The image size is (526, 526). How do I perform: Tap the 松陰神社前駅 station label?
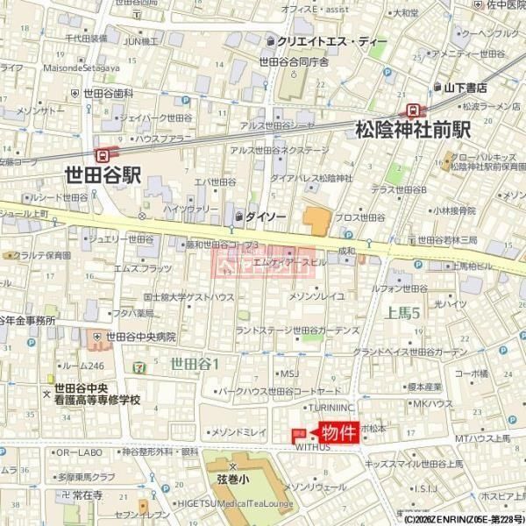click(x=413, y=130)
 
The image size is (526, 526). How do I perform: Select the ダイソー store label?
click(x=262, y=215)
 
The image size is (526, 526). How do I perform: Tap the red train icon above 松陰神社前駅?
click(x=411, y=110)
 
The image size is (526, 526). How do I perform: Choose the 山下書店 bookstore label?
click(x=465, y=87)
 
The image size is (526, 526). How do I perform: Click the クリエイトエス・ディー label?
click(x=327, y=41)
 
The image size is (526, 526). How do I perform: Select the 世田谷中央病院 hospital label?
click(x=141, y=337)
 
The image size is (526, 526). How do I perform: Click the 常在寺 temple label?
click(x=88, y=495)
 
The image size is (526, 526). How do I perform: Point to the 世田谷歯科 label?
click(x=109, y=93)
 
